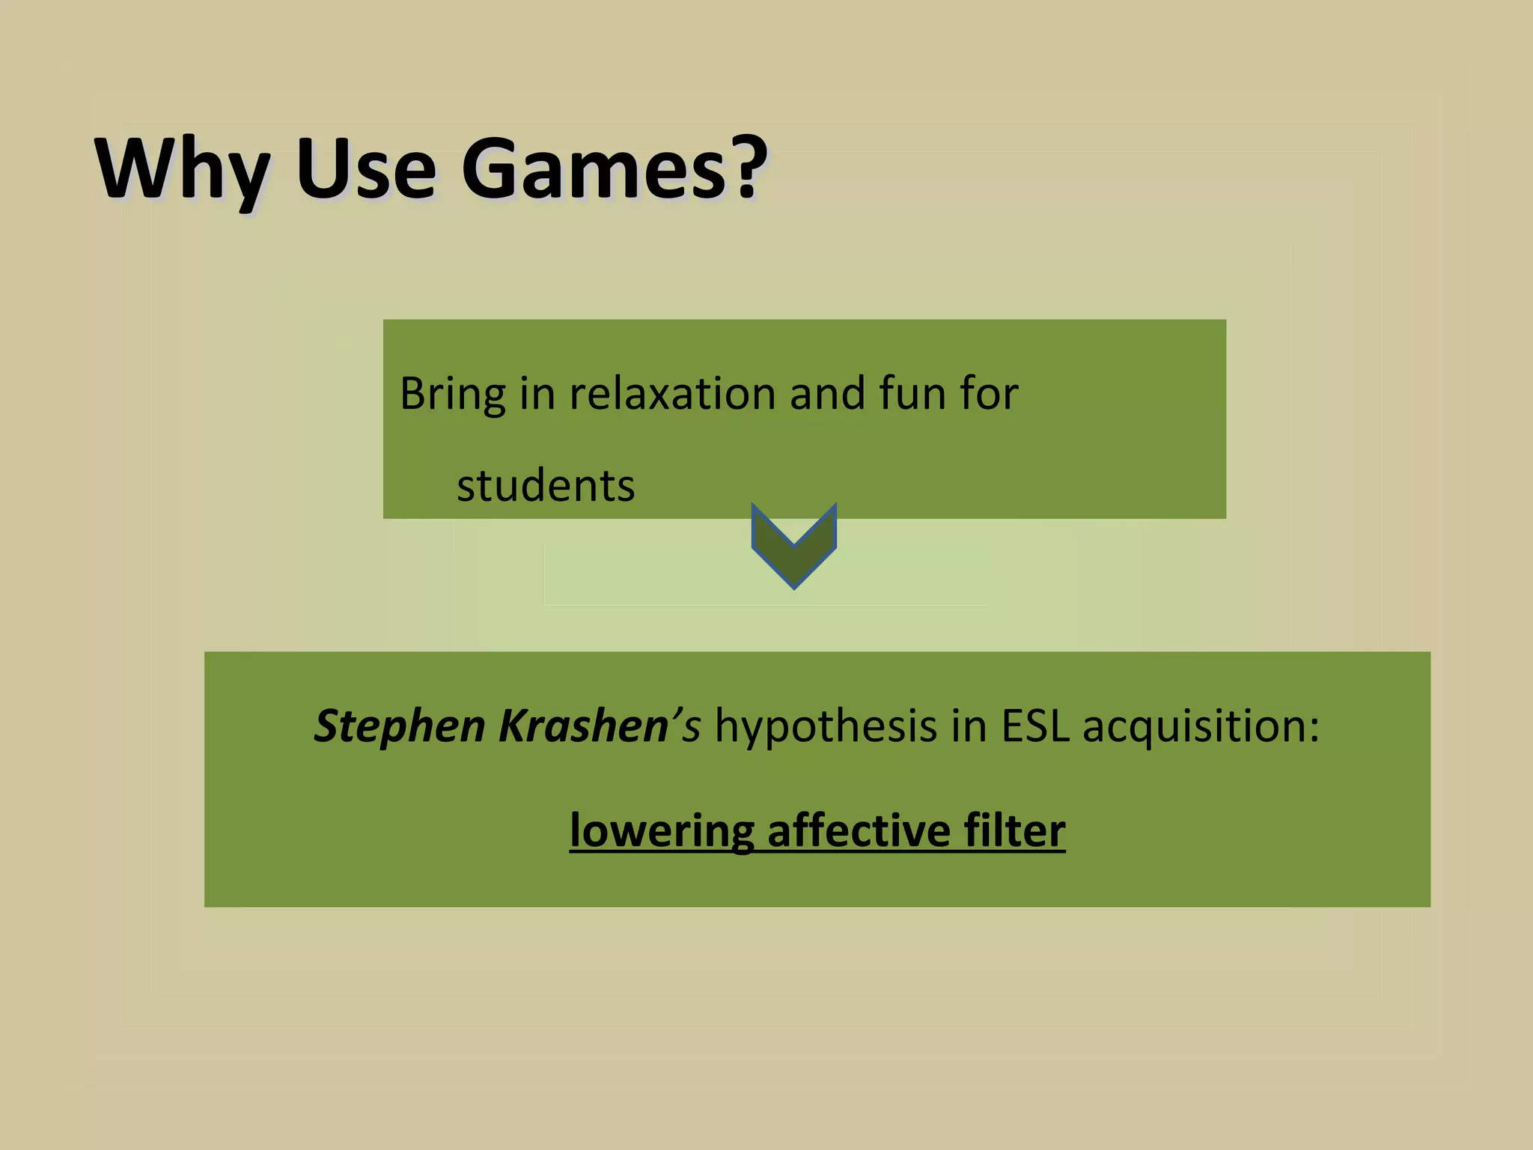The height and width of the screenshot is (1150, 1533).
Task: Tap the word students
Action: (x=546, y=486)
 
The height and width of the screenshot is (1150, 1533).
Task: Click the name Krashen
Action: (x=583, y=726)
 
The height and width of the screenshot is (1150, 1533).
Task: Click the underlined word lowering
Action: (x=661, y=832)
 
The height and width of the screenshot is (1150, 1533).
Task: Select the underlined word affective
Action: (x=859, y=830)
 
